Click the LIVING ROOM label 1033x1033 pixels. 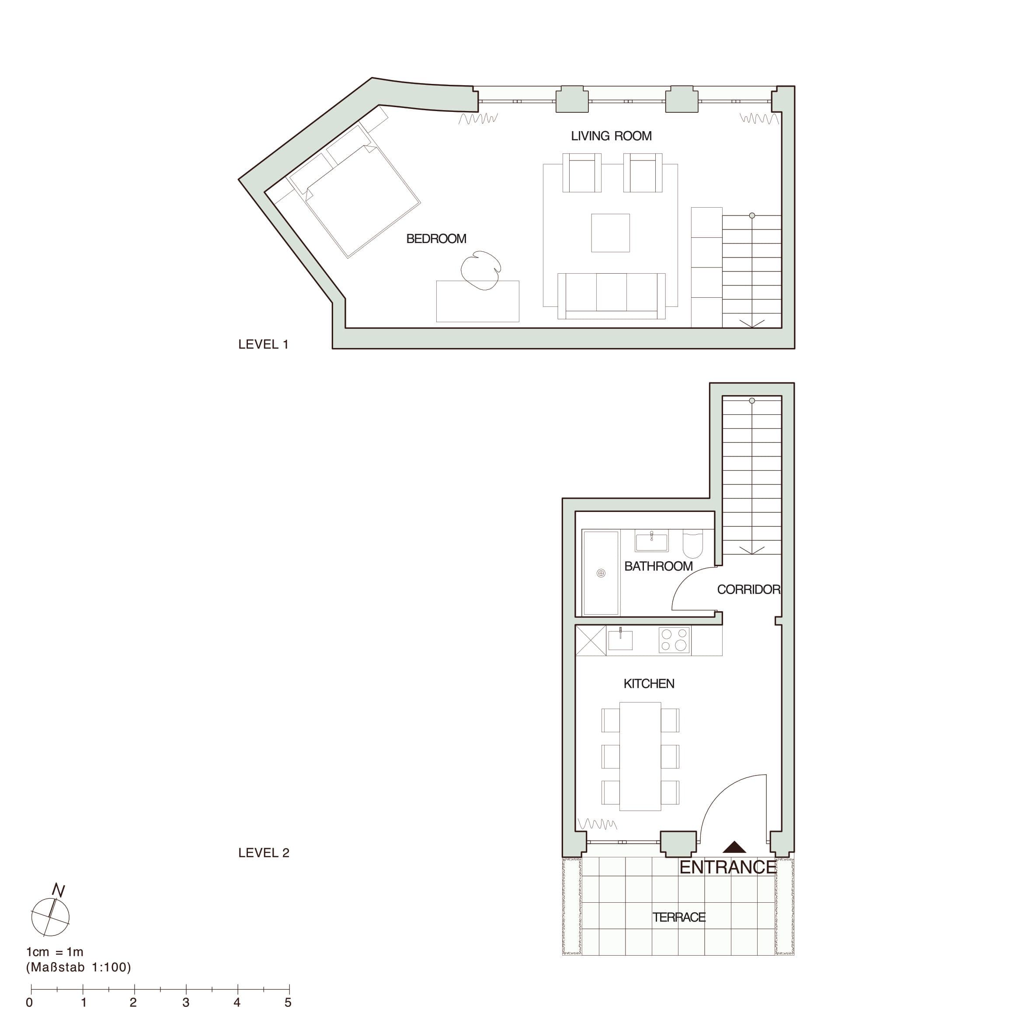611,136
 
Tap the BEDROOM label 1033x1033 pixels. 436,238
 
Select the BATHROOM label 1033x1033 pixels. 658,566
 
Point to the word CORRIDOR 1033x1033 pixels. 748,589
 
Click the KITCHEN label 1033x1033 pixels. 649,683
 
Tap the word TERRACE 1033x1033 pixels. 679,917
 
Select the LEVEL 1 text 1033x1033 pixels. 264,344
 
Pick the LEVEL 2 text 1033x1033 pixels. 264,853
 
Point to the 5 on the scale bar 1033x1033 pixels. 288,1002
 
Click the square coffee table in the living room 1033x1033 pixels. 610,233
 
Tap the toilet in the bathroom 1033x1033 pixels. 692,543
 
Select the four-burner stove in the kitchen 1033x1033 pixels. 674,640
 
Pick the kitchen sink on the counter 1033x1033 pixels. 620,640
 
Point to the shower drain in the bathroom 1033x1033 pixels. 601,573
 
